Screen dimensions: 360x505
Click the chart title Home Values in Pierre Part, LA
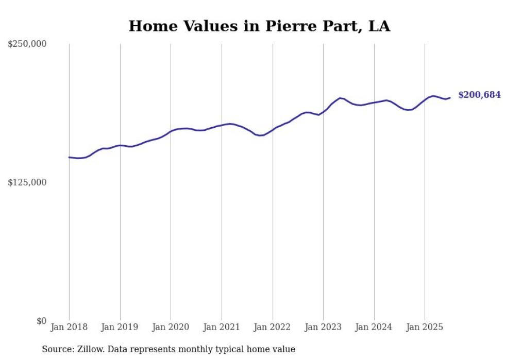[259, 26]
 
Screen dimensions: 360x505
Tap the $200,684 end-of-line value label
[479, 95]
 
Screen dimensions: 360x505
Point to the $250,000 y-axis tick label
[27, 44]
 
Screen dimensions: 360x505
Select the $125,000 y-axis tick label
[27, 182]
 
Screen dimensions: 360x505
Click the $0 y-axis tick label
[41, 321]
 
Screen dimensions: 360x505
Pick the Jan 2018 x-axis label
[69, 327]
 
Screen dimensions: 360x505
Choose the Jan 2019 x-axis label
[120, 327]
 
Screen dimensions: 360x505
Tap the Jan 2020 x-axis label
[171, 327]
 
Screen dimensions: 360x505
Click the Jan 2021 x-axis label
[222, 327]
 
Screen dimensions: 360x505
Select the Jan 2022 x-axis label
[273, 327]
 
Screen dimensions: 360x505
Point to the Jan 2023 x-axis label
[323, 327]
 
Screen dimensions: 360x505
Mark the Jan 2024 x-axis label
[374, 327]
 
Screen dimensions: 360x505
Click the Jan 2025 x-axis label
[425, 327]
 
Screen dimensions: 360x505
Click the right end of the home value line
[450, 98]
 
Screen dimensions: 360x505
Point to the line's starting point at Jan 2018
[69, 157]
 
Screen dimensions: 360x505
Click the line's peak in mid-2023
[340, 98]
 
